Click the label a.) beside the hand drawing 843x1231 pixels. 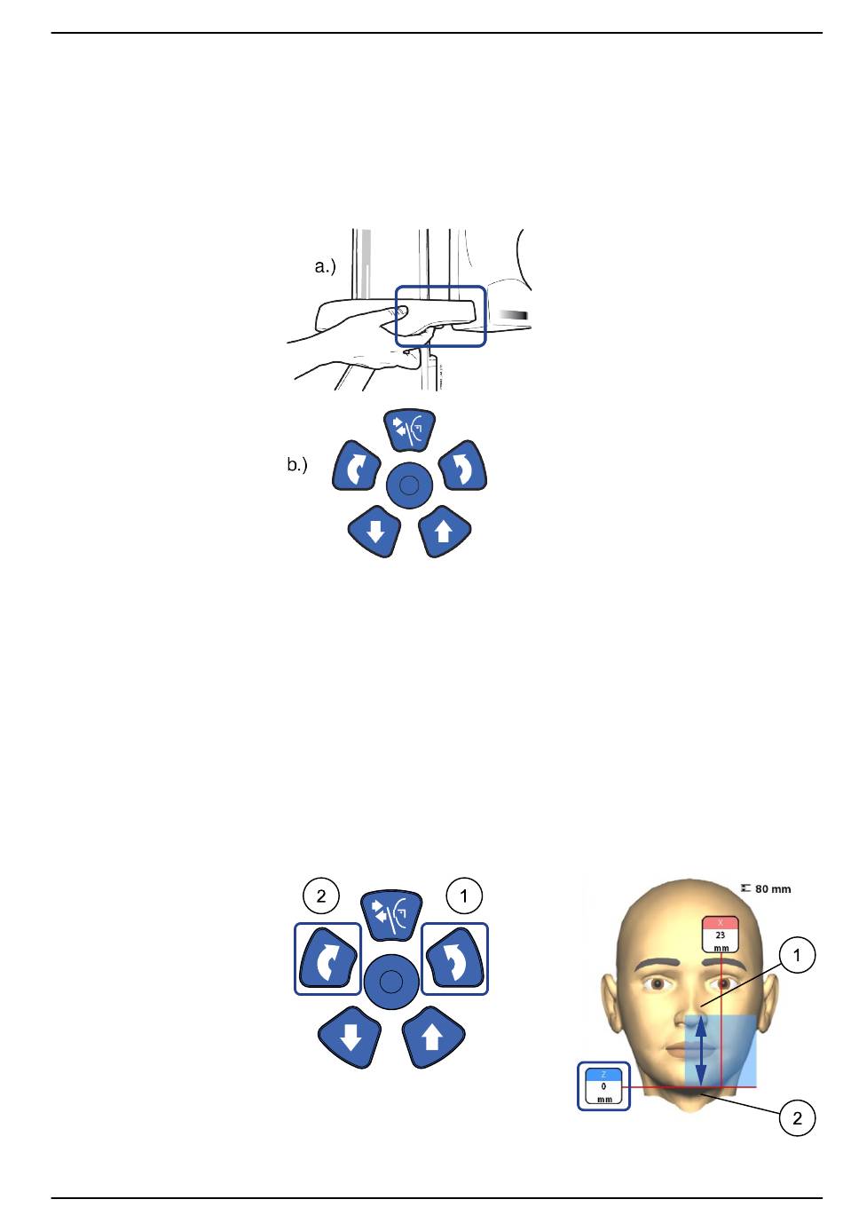tap(326, 266)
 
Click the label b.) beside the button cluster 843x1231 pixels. tap(297, 464)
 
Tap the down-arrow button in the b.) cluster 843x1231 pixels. tap(374, 532)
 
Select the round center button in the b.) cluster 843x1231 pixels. tap(409, 485)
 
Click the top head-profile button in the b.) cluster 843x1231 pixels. tap(410, 430)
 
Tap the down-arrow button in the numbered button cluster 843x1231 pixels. tap(351, 1037)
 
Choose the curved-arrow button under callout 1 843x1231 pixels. tap(454, 959)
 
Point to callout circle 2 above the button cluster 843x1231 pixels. tap(321, 896)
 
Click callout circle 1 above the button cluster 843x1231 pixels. tap(464, 896)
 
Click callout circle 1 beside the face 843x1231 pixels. tap(798, 955)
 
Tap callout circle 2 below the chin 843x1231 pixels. tap(797, 1118)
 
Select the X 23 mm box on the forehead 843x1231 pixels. tap(721, 935)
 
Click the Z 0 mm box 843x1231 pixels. tap(604, 1085)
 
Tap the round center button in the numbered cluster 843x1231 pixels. tap(392, 981)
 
